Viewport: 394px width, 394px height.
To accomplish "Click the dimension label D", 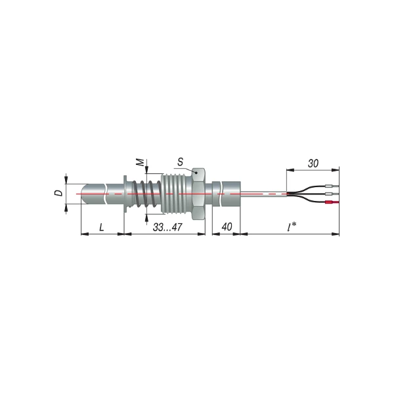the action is pos(59,193).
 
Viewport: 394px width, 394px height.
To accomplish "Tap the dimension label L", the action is pos(102,227).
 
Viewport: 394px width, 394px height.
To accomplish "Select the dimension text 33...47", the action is pos(167,227).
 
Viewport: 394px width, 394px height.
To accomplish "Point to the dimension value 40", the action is pos(227,227).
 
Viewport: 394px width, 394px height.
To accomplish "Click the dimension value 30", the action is pos(313,164).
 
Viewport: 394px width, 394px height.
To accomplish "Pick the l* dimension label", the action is pos(292,227).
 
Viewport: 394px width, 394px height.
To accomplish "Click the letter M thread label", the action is pos(142,162).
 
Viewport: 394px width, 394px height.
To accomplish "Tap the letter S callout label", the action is pos(180,162).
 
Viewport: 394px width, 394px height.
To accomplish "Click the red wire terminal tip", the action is pos(332,202).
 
